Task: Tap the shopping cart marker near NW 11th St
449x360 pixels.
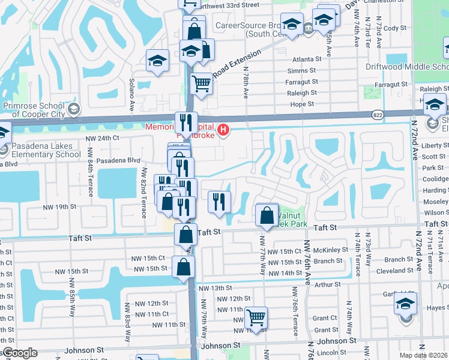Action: tap(256, 317)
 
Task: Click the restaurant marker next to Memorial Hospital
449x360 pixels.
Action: tap(186, 123)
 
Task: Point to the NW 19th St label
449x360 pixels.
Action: tap(61, 206)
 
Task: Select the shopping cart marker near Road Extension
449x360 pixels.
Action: tap(202, 83)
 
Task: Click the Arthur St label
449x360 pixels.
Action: tap(327, 284)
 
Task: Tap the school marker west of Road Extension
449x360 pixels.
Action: tap(158, 61)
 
